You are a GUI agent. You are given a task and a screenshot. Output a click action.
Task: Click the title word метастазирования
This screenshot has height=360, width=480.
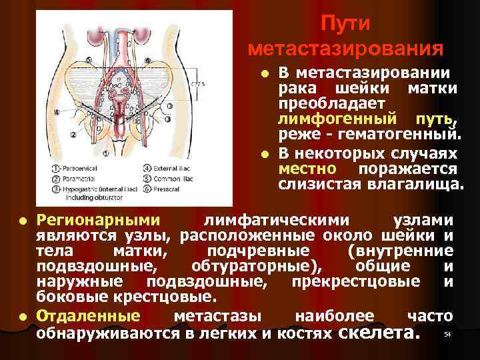[345, 49]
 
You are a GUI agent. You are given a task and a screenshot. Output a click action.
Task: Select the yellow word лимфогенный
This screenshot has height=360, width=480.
[327, 120]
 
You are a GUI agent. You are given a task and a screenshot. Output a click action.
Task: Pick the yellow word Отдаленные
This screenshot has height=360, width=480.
[88, 315]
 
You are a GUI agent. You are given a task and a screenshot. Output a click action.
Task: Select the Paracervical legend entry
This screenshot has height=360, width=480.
[75, 169]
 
